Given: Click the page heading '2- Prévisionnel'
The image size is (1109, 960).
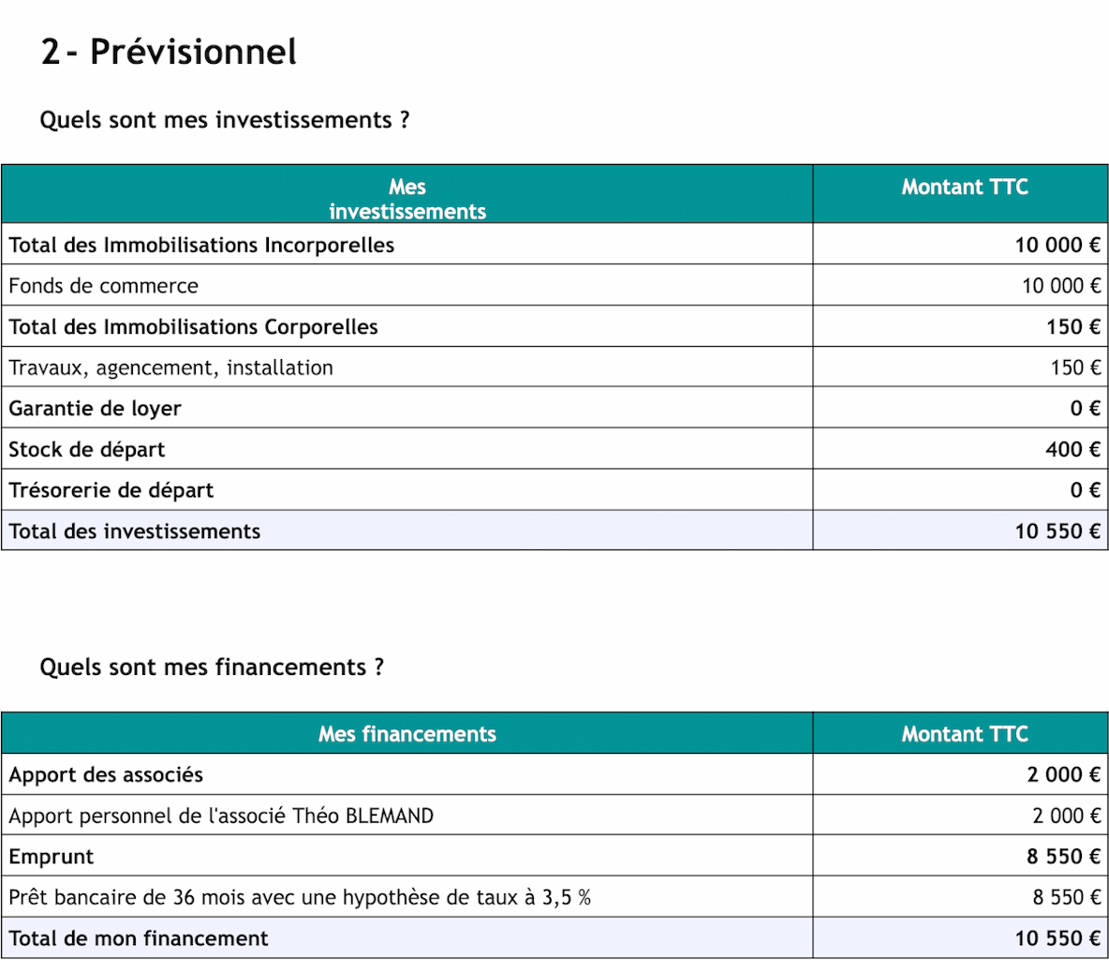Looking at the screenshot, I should pos(169,52).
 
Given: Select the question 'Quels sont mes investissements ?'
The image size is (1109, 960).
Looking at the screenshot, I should pos(225,121).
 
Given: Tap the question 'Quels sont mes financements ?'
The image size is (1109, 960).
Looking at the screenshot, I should pos(212,667).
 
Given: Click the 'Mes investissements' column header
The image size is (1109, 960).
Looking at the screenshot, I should pos(407,200).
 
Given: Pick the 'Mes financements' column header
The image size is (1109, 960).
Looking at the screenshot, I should pos(407,734).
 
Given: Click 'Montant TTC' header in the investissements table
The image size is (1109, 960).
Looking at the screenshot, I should pos(964,187).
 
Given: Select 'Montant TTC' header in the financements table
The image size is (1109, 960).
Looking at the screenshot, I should pos(964,734).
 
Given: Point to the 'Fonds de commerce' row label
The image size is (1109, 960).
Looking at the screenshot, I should pos(104,286).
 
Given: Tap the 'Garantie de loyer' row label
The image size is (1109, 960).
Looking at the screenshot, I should pos(95,409).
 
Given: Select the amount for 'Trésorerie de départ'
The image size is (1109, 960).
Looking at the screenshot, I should pos(1085,490).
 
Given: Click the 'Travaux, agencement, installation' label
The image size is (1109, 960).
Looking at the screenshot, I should pos(171,367).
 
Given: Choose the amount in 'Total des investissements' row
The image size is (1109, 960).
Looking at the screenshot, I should pos(1057,532).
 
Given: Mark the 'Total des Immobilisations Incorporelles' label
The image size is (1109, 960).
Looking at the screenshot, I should pos(201,246).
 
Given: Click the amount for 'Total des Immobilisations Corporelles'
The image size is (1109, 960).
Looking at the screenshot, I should pos(1073,327).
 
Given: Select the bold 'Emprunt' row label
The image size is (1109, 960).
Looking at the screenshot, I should pos(52,857).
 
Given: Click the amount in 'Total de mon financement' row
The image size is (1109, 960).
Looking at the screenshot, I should pos(1057,938).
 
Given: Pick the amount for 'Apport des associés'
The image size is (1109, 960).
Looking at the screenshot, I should pos(1063,774).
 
